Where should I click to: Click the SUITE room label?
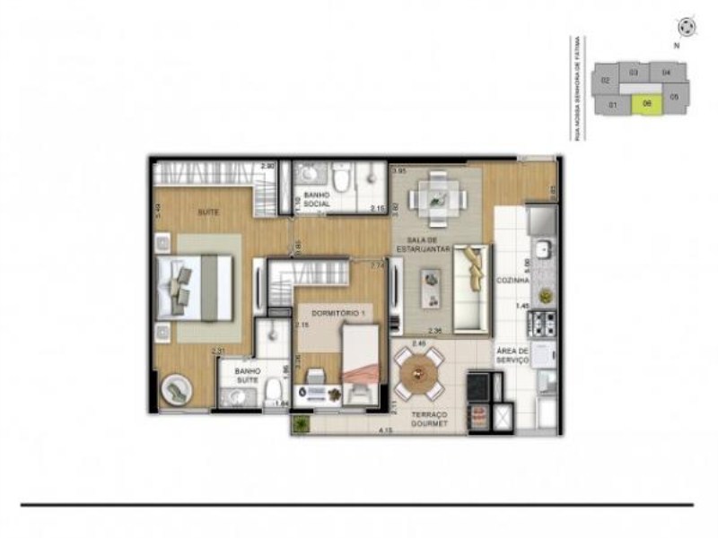[208, 212]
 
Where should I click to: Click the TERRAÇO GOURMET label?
[430, 419]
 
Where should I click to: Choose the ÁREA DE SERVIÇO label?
[512, 355]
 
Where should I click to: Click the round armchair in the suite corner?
[174, 388]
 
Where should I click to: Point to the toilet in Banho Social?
[339, 178]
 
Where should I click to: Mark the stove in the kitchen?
[543, 321]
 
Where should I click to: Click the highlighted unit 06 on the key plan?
[646, 104]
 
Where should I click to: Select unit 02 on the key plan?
[606, 81]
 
